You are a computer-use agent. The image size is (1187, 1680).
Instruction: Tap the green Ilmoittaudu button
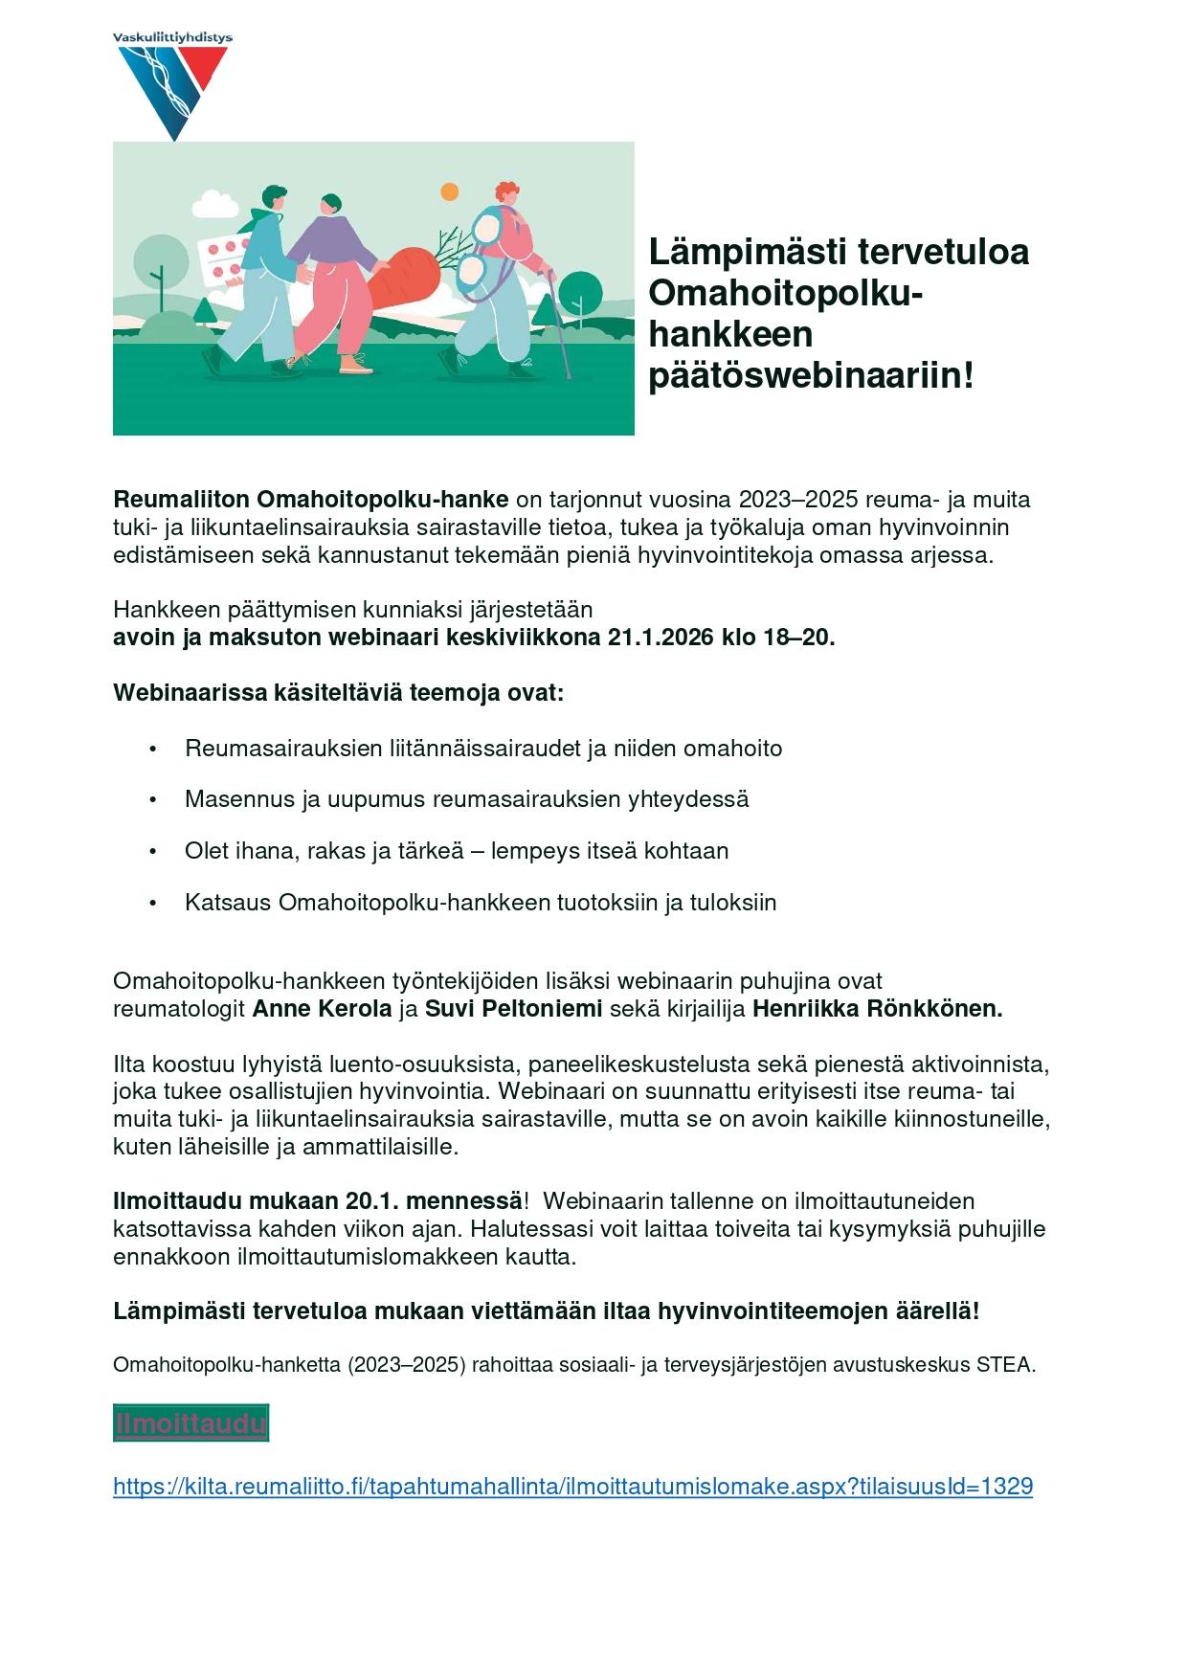[190, 1423]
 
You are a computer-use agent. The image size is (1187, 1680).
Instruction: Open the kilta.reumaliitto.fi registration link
[572, 1486]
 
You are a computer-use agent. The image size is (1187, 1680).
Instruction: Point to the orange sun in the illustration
[449, 192]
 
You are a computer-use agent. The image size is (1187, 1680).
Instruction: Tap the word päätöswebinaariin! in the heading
[810, 375]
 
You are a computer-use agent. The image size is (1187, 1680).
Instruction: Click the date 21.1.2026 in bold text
[660, 638]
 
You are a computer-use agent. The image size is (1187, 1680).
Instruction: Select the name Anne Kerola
[322, 1008]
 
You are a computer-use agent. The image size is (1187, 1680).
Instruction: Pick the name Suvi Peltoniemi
[513, 1008]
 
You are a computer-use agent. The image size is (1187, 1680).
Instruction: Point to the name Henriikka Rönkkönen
[877, 1008]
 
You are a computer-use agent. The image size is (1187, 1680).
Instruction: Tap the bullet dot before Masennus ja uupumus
[152, 799]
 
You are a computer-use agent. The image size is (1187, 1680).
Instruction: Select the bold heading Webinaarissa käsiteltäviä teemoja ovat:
[339, 692]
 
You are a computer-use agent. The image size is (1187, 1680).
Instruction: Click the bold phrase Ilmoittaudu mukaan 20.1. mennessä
[318, 1200]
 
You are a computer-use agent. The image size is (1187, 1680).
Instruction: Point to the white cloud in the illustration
[214, 205]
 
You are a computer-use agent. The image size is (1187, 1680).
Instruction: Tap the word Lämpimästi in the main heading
[747, 252]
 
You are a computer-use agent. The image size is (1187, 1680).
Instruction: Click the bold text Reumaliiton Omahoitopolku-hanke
[310, 500]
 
